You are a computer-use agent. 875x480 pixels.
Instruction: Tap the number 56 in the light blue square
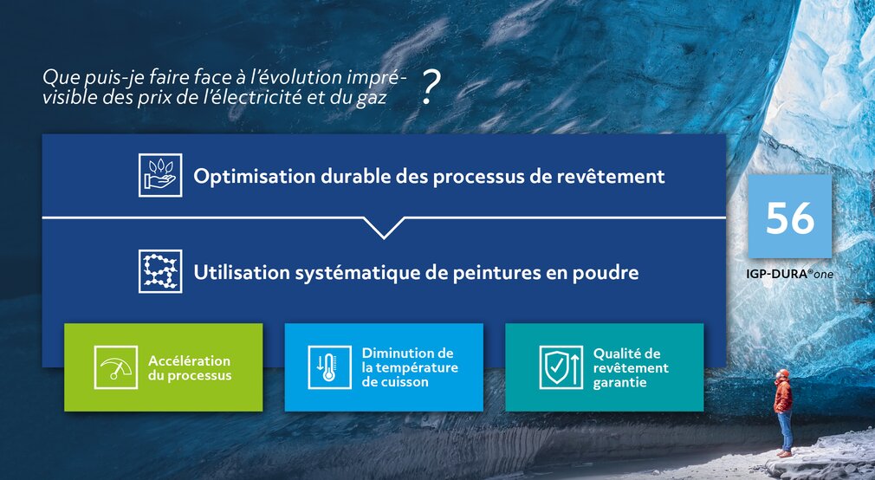(789, 217)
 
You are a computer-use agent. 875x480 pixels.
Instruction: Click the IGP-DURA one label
(789, 274)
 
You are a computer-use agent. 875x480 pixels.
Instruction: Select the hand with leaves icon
(160, 175)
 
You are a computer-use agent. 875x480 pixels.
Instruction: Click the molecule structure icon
(160, 271)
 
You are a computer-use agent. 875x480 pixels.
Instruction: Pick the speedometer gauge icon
(115, 367)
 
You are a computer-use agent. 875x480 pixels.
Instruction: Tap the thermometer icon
(329, 367)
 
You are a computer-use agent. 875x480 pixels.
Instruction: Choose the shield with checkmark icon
(561, 367)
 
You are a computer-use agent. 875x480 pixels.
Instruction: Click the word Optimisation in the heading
(255, 177)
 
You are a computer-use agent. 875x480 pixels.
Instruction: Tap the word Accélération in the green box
(189, 360)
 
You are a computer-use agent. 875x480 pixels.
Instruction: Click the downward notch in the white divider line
(384, 229)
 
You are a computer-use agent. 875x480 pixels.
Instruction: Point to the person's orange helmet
(783, 373)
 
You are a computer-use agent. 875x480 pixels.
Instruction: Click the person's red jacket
(783, 396)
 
